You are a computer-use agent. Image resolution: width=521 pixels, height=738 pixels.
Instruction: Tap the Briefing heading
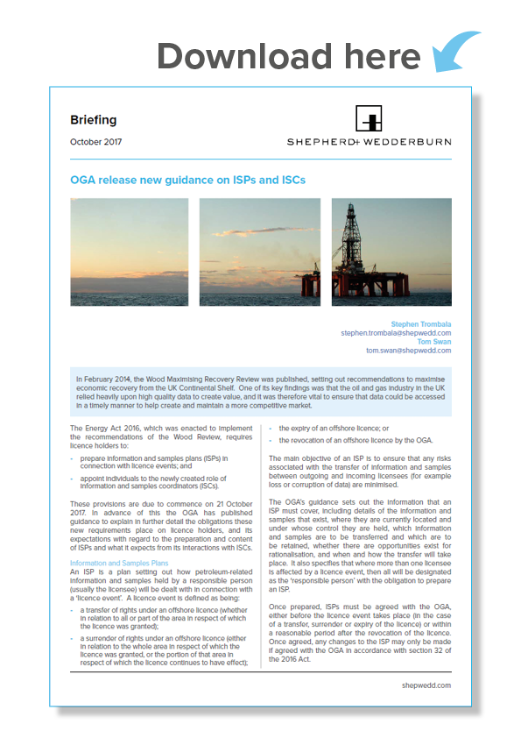[x=93, y=120]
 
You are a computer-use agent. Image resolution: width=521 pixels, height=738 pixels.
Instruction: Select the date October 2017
[x=96, y=141]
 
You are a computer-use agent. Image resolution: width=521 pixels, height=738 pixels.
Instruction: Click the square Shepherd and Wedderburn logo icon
[x=369, y=119]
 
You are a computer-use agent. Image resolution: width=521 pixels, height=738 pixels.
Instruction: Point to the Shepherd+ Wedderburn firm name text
[x=369, y=142]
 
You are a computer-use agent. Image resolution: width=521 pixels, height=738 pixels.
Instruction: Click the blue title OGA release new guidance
[x=187, y=180]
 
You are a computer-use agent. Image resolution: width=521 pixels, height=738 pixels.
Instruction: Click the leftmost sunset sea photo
[x=129, y=251]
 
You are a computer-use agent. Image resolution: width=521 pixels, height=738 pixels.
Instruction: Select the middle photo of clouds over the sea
[x=260, y=251]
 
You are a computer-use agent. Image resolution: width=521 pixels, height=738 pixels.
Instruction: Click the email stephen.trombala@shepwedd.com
[x=396, y=333]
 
